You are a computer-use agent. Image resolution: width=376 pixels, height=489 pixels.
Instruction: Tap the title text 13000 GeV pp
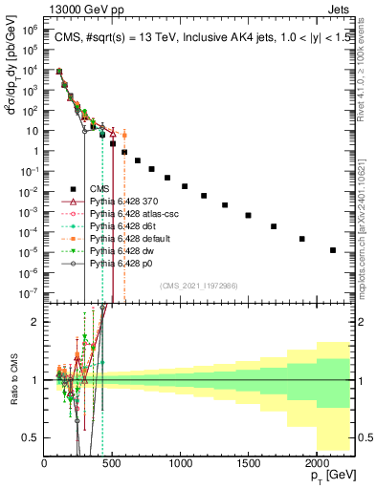click(x=79, y=8)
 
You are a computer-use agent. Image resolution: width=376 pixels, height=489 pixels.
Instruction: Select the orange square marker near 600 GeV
click(x=123, y=136)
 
